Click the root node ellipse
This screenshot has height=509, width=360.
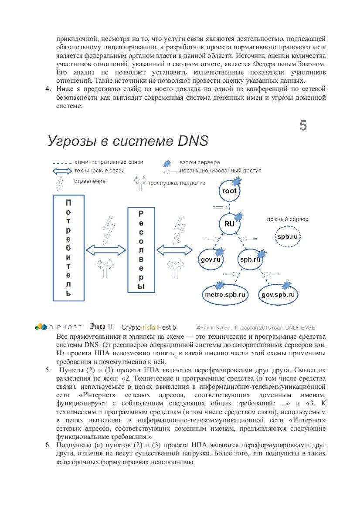coord(229,191)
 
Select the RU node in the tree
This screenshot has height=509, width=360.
coord(229,224)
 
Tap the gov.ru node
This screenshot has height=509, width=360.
coord(212,260)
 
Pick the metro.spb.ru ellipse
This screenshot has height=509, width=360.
coord(225,294)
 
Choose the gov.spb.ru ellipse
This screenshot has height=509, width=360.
coord(278,294)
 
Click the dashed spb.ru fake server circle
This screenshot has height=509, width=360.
coord(287,237)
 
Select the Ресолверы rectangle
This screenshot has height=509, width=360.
coord(141,249)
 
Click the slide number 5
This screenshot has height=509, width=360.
coord(303,126)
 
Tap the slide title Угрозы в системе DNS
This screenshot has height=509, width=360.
coord(128,141)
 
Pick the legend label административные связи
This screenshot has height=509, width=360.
coord(109,162)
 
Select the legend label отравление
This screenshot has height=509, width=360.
coord(89,181)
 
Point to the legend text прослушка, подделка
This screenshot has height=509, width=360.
coord(176,183)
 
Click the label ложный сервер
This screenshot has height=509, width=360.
coord(287,219)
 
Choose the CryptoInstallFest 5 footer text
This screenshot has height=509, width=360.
coord(149,327)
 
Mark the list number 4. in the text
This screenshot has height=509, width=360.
coord(49,89)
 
